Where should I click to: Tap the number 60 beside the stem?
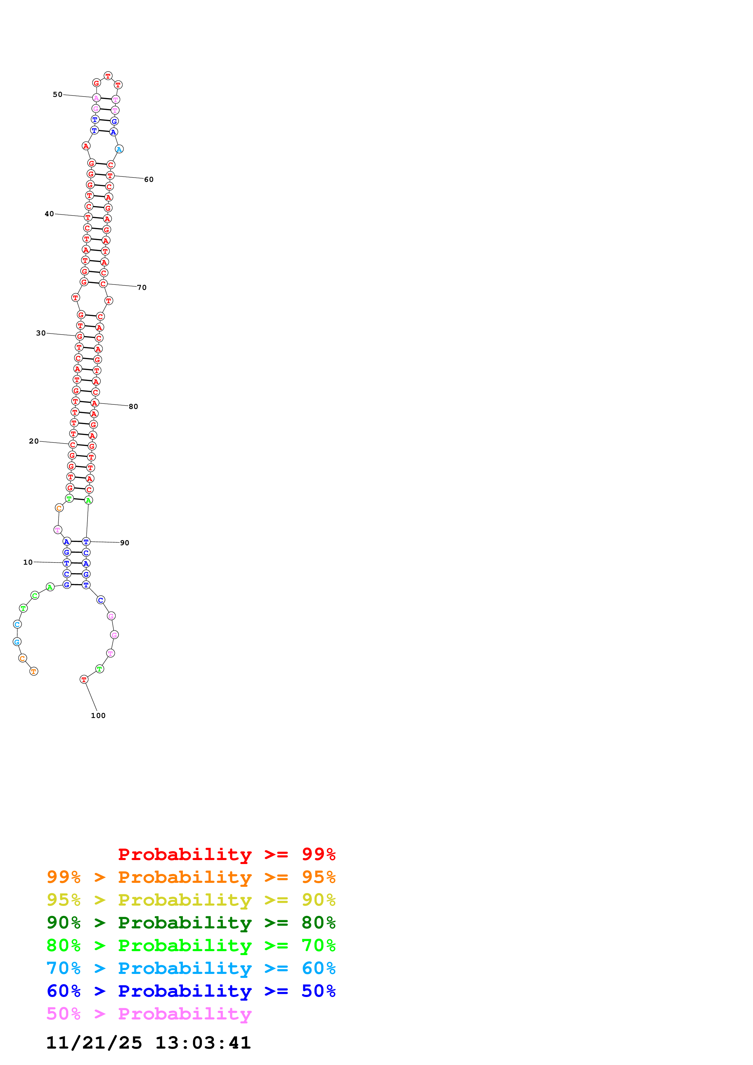[149, 179]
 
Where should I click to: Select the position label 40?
[49, 214]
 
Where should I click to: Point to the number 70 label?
[142, 288]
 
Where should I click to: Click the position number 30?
[41, 333]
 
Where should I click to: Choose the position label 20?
[34, 441]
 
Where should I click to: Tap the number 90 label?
[124, 543]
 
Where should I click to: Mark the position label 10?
[28, 562]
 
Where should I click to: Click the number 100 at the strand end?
[98, 716]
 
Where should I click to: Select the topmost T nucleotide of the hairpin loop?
[108, 76]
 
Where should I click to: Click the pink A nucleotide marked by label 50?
[96, 98]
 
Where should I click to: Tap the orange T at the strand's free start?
[33, 671]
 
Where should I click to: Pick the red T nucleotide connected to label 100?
[84, 679]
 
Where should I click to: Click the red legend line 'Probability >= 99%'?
[226, 854]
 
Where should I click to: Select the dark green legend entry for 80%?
[191, 923]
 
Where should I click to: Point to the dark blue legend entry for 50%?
[191, 991]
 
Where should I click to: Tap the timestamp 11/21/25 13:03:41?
[149, 1043]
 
